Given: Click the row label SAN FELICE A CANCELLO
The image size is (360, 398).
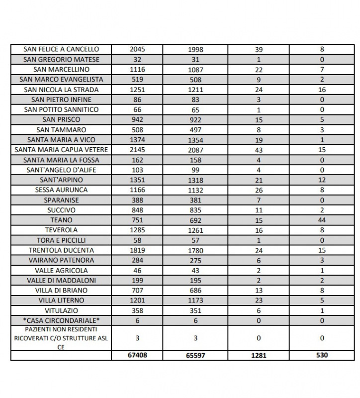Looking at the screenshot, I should pos(61,49).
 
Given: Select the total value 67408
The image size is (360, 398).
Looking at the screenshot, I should pos(137,356).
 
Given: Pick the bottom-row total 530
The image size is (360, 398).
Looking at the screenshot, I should pos(322,356).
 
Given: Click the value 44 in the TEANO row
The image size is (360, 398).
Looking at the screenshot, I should pos(322,220).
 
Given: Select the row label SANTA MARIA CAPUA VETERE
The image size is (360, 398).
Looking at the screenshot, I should pos(61,150).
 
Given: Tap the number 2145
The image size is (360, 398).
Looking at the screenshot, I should pos(137,150).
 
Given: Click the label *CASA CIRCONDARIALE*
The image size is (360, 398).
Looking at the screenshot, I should pos(61,320).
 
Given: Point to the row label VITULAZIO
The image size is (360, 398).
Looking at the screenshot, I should pos(61,310).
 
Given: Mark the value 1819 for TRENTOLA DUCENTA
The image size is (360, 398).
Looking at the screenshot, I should pos(137,250).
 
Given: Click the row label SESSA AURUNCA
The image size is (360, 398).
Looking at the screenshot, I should pos(61,190).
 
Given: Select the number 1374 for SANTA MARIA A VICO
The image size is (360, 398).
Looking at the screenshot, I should pos(137,140).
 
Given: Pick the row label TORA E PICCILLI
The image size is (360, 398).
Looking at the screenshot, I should pos(61,240).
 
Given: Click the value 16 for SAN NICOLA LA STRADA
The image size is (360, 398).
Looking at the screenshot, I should pos(322,90).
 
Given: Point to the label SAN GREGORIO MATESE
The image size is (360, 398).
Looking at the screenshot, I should pos(61,60).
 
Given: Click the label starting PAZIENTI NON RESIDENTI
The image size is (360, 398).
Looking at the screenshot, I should pos(61,338).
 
